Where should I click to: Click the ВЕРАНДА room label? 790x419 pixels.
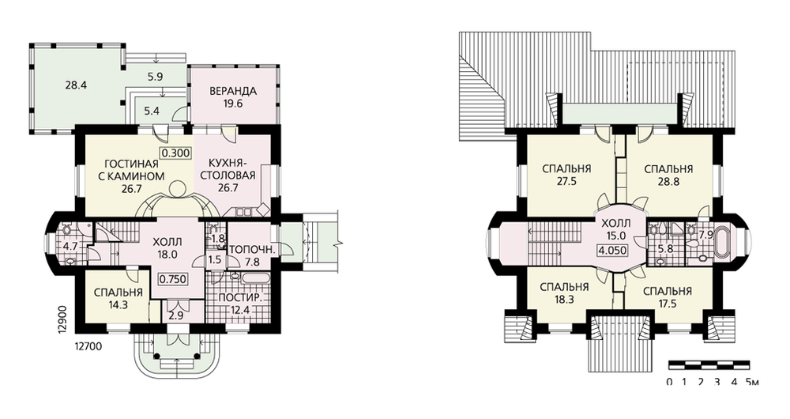click(233, 91)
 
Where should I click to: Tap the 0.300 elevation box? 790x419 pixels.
click(176, 153)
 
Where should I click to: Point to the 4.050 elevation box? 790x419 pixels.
click(611, 250)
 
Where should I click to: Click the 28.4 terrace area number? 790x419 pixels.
click(76, 85)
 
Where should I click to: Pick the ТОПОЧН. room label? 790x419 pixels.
click(251, 250)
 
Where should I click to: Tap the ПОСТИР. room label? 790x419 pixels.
click(240, 297)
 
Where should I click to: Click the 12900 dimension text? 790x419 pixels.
click(62, 318)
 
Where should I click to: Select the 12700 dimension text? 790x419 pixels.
click(88, 346)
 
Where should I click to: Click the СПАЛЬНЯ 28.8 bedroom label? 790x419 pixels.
click(668, 175)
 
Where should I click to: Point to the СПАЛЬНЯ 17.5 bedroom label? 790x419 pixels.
click(668, 297)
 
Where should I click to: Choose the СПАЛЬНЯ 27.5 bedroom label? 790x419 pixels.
click(566, 175)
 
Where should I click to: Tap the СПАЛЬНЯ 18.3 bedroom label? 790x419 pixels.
click(564, 293)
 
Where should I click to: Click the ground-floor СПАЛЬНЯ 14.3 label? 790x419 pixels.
click(118, 299)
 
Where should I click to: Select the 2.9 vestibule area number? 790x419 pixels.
click(176, 316)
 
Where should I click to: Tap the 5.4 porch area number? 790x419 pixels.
click(152, 111)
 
